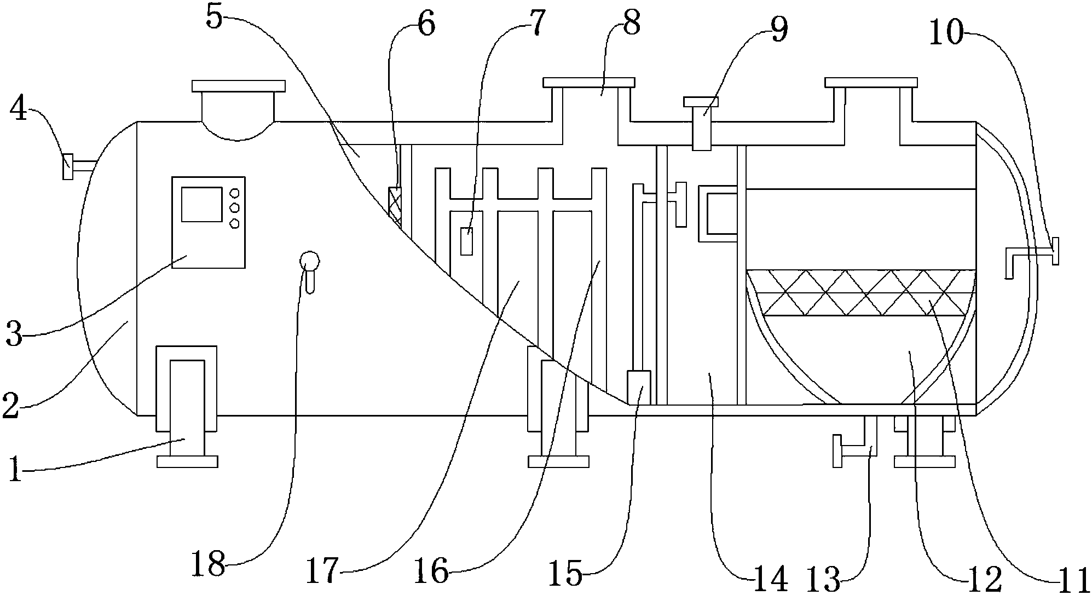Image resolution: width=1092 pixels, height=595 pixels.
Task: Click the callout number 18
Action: pyautogui.click(x=209, y=564)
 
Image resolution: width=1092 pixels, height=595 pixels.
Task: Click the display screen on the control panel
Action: pyautogui.click(x=201, y=204)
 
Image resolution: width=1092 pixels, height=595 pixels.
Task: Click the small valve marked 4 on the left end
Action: pyautogui.click(x=67, y=166)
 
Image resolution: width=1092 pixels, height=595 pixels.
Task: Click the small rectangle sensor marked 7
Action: pyautogui.click(x=466, y=241)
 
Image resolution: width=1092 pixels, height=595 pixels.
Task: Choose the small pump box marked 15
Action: pyautogui.click(x=638, y=388)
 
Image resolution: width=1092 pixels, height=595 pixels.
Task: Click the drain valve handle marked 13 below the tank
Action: pyautogui.click(x=837, y=452)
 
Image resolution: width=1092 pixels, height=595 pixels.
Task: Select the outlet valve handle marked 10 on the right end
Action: pyautogui.click(x=1055, y=251)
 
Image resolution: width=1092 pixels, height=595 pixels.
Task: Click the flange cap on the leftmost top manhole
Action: pyautogui.click(x=238, y=86)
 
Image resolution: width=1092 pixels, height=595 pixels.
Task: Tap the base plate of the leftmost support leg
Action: pyautogui.click(x=187, y=461)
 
